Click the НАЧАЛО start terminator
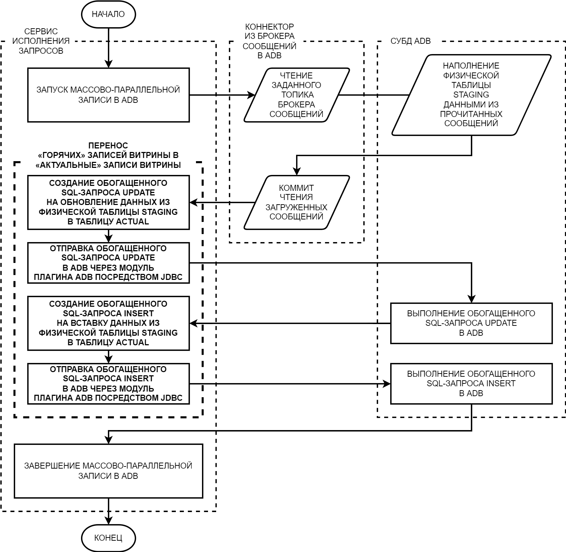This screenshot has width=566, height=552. [x=108, y=14]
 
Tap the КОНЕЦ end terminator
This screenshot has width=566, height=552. [x=108, y=538]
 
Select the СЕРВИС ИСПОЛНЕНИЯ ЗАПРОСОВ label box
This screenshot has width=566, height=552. [x=41, y=41]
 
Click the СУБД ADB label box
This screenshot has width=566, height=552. [x=411, y=41]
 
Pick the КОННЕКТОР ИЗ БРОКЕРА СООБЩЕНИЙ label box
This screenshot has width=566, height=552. [x=270, y=41]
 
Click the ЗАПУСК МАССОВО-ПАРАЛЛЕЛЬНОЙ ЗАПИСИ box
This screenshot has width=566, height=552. [x=108, y=95]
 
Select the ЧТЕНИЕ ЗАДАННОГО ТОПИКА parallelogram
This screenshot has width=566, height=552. [x=296, y=95]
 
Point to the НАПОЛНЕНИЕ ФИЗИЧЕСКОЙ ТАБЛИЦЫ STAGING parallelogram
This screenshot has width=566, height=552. [x=471, y=95]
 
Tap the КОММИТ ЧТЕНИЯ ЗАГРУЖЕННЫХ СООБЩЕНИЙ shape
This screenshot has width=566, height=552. [x=296, y=202]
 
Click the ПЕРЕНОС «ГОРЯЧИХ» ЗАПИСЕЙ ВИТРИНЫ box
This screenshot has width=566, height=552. [x=108, y=155]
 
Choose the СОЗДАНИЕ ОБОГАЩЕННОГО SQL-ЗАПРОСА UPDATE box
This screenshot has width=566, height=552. [x=108, y=202]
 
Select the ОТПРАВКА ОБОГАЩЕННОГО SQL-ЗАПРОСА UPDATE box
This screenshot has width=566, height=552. [x=108, y=263]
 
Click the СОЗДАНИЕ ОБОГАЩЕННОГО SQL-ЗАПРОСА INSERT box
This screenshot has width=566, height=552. [x=108, y=323]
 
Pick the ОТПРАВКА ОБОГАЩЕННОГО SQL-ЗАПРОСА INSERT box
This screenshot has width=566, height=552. [x=108, y=383]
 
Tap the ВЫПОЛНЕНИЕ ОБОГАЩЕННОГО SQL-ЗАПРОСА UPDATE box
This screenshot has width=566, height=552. [x=471, y=323]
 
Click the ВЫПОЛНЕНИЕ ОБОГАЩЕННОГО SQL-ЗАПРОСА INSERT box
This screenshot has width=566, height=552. [x=471, y=383]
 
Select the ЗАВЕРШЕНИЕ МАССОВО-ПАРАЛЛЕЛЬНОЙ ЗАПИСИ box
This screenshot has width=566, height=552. [x=108, y=471]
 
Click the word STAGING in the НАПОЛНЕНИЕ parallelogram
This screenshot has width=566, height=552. [x=471, y=95]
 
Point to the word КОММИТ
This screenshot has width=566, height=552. [x=296, y=188]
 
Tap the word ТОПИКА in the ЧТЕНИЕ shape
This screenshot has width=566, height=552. [x=297, y=95]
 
